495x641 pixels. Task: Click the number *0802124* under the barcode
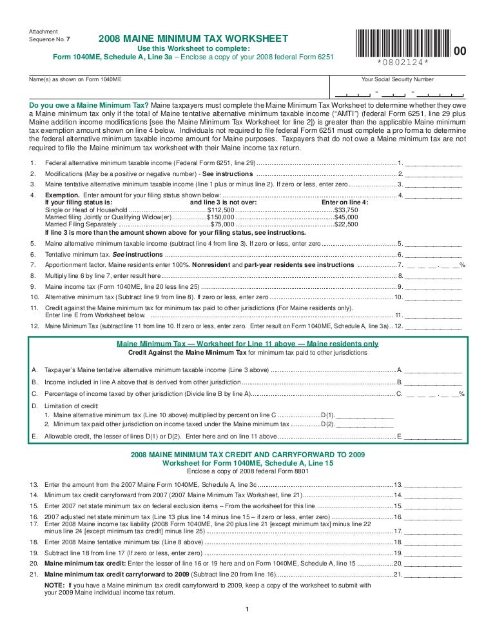point(403,64)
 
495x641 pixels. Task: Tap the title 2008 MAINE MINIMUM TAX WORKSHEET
point(193,39)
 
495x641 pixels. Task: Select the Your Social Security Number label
point(397,80)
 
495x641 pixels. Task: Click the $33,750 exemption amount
point(346,210)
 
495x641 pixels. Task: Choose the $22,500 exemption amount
point(346,224)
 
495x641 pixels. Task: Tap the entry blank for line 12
point(434,326)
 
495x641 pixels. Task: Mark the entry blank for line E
point(434,437)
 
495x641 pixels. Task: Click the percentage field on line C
point(434,393)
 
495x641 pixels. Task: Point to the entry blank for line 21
point(434,573)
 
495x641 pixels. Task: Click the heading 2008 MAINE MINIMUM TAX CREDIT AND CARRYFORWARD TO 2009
point(247,455)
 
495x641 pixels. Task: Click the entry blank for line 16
point(434,517)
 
